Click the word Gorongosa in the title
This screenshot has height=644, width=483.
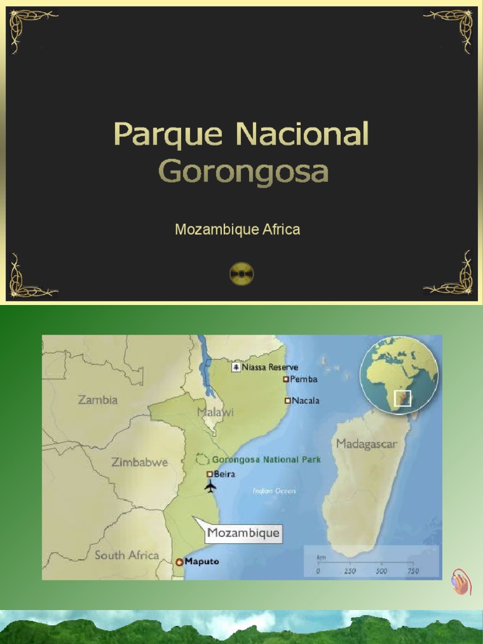[243, 171]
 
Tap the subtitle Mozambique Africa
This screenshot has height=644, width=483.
[237, 230]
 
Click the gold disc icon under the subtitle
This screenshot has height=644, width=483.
[241, 274]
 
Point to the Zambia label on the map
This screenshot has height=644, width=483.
[97, 399]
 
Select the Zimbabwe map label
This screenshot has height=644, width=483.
[140, 462]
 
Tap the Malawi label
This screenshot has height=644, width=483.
[215, 413]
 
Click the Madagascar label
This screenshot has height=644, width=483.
[366, 444]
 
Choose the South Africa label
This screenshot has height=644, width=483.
[126, 555]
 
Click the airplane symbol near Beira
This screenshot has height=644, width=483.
[210, 486]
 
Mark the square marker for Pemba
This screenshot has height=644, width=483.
[286, 379]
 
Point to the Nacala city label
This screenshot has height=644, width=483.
[306, 400]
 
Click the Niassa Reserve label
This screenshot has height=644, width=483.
[270, 367]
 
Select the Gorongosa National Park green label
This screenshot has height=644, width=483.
[266, 460]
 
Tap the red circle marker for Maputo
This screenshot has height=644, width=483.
[179, 562]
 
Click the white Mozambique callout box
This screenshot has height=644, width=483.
[243, 534]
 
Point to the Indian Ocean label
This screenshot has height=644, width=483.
[274, 491]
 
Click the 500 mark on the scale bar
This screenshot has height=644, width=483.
[381, 571]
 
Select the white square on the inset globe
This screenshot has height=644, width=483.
[402, 398]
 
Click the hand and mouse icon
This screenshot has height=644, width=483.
[460, 583]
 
